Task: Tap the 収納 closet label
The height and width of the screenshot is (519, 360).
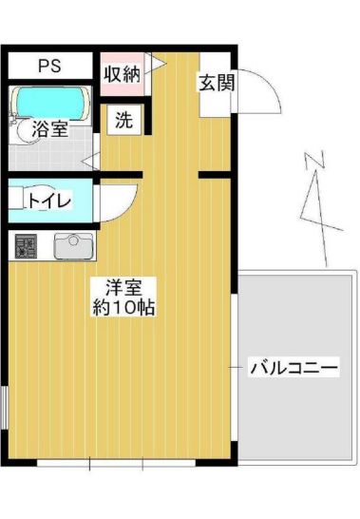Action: pyautogui.click(x=122, y=72)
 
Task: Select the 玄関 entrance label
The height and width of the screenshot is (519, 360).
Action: pyautogui.click(x=214, y=83)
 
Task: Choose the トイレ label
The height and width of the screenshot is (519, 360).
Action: pyautogui.click(x=47, y=201)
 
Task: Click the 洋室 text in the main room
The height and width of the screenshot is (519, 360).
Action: pyautogui.click(x=112, y=285)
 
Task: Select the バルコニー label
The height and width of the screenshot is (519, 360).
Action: pyautogui.click(x=293, y=367)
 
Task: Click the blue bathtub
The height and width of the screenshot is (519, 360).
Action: pyautogui.click(x=49, y=99)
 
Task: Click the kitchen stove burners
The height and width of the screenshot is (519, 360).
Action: pyautogui.click(x=25, y=247)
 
